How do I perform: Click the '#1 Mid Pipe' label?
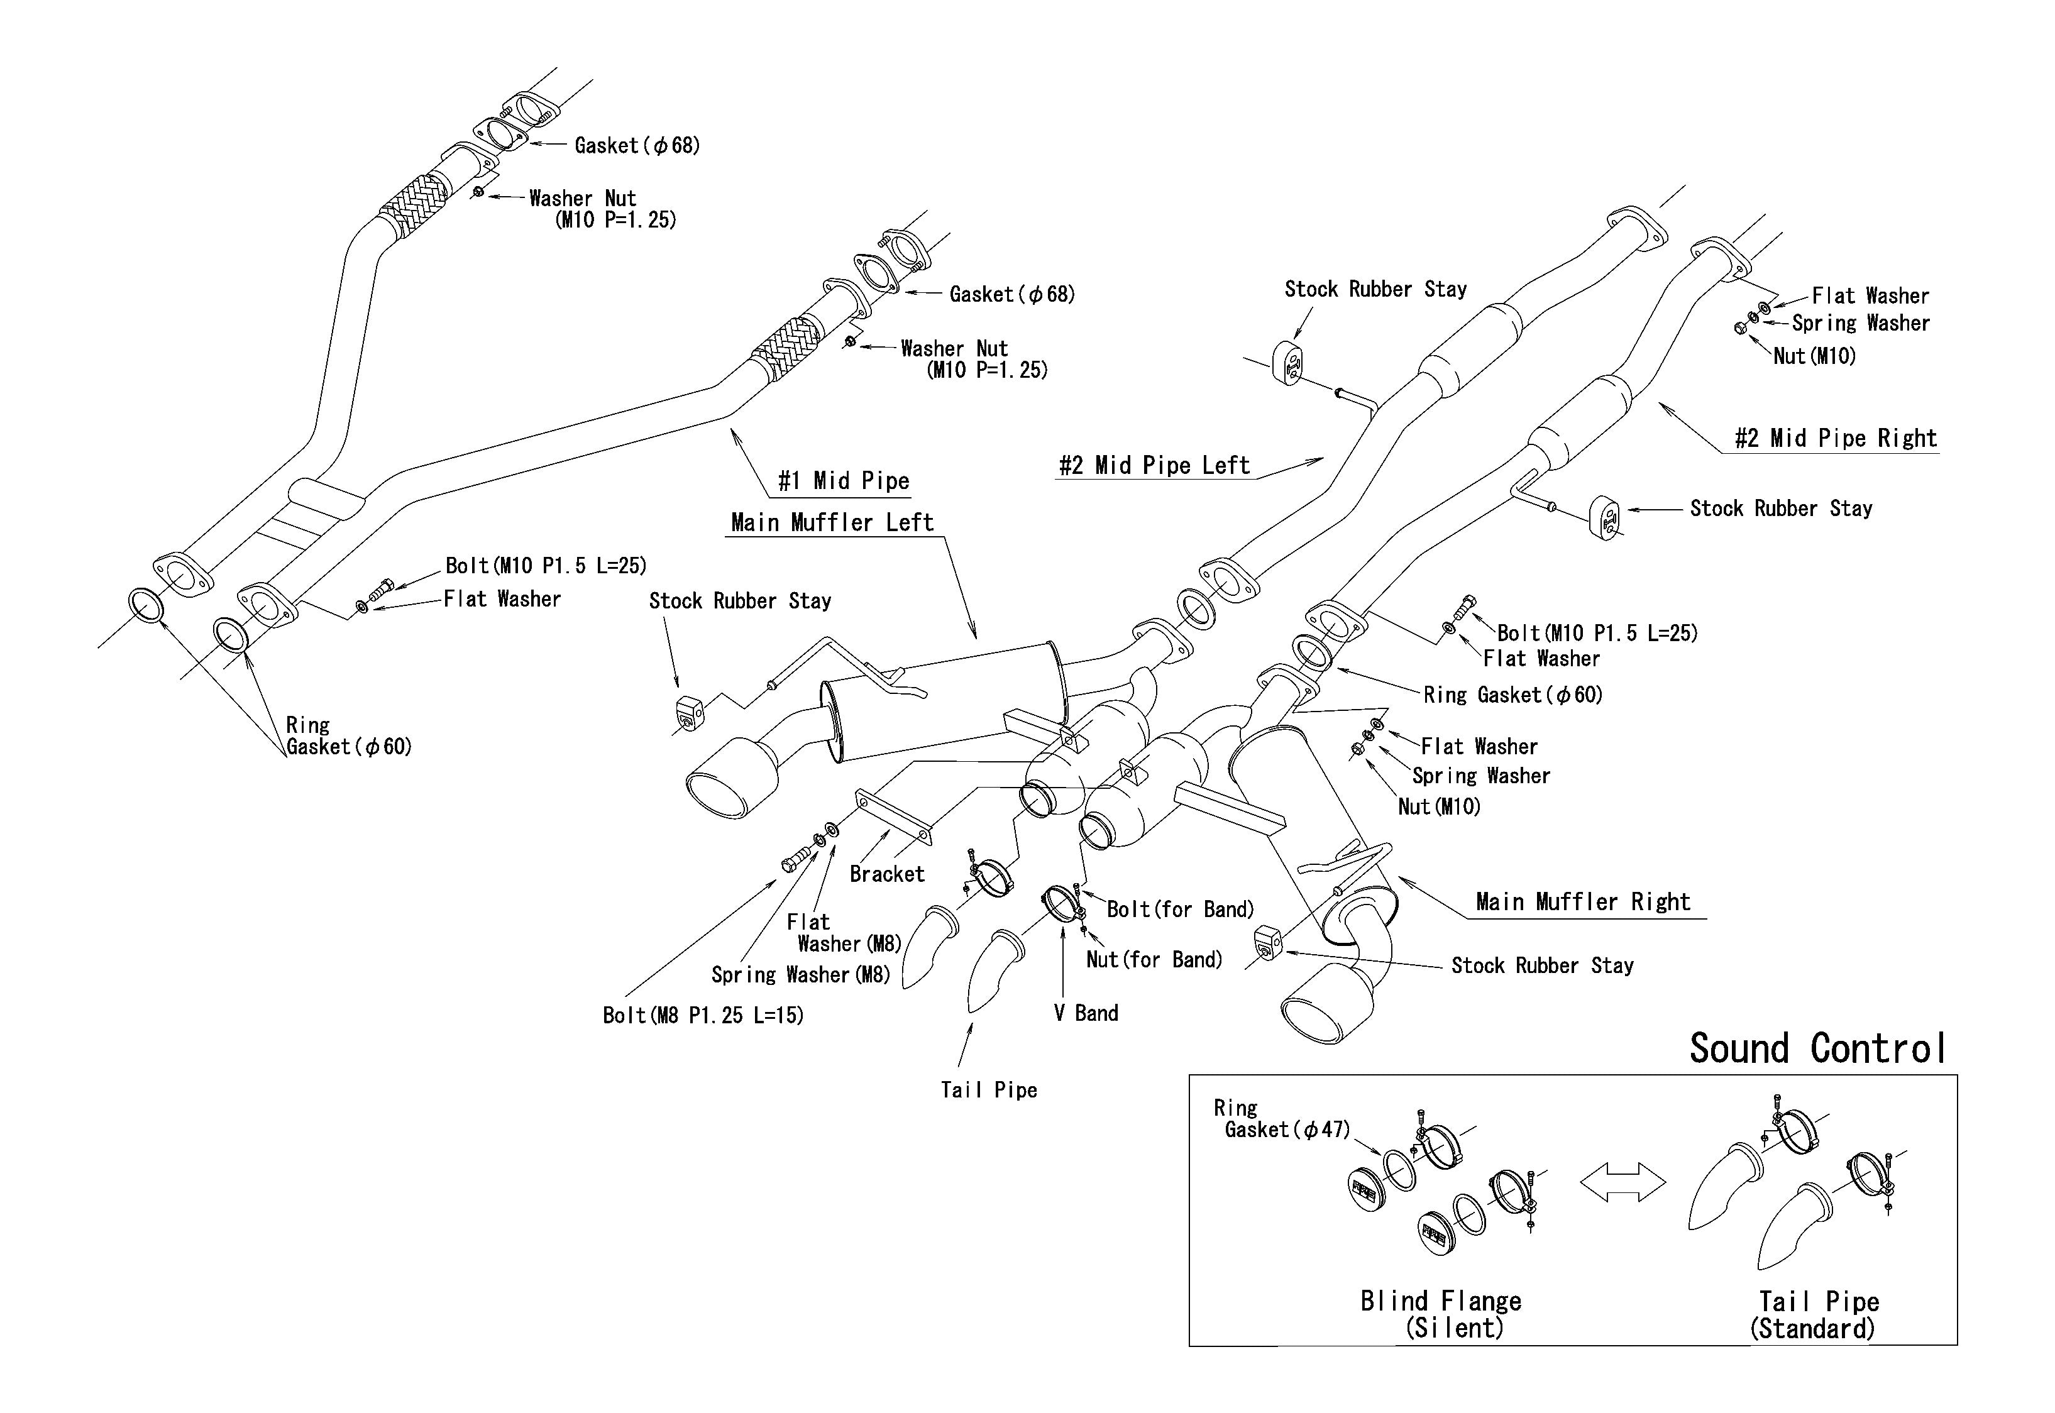coord(843,481)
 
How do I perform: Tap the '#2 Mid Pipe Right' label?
coord(1836,438)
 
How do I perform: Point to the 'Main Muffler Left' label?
coord(832,522)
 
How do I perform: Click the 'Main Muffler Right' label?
coord(1583,902)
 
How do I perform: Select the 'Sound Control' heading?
coord(1818,1048)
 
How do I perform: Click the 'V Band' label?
coord(1086,1013)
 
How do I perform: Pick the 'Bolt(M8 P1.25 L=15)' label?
coord(703,1016)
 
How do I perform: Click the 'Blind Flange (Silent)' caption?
coord(1441,1314)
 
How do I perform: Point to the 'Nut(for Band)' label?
coord(1154,960)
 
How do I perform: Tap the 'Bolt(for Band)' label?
coord(1180,910)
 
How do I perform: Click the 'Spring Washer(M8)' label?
coord(800,975)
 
